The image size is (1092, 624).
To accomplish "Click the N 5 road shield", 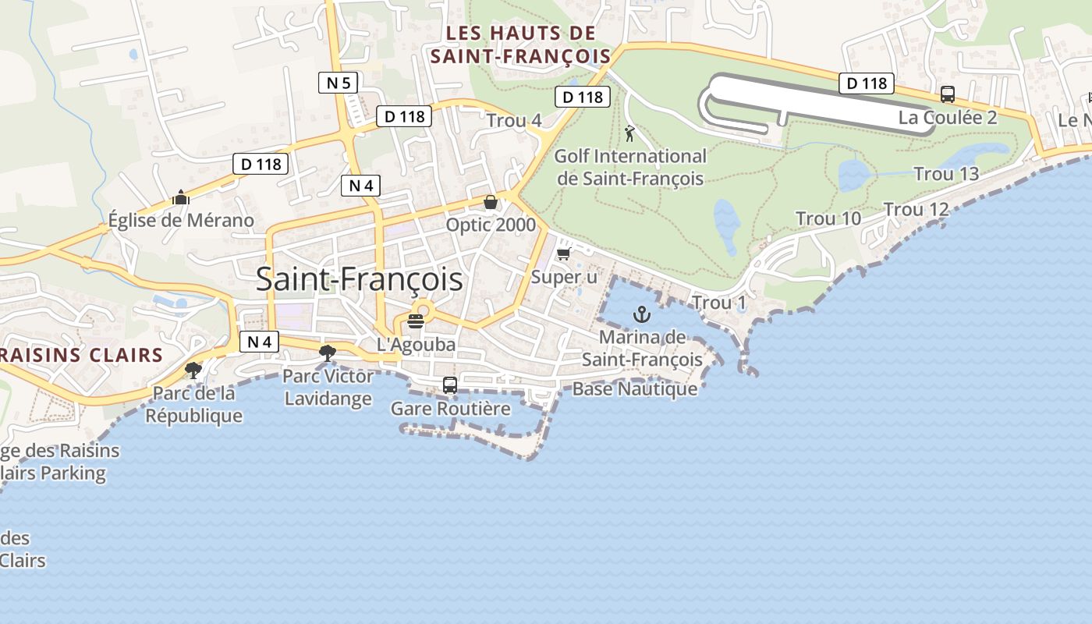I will (338, 82).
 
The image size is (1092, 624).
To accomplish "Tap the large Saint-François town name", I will (359, 279).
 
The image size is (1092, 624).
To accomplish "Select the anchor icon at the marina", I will (642, 314).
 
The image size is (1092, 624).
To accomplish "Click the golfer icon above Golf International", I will (629, 133).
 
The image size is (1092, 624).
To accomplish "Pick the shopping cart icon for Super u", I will (563, 254).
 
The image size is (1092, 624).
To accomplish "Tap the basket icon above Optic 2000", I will (491, 203).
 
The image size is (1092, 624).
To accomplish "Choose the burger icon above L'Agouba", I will (415, 321).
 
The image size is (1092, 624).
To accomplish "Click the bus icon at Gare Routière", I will (450, 385).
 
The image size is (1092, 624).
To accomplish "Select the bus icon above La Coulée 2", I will (948, 94).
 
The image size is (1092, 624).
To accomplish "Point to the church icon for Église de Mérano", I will (181, 197).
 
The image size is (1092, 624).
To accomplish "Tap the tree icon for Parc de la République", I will (193, 370).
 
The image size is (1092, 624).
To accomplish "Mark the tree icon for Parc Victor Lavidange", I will (328, 353).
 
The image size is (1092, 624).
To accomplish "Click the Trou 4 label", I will (514, 121).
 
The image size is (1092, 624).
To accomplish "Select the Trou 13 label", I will (945, 174).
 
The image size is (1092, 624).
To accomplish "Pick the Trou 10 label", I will (828, 219).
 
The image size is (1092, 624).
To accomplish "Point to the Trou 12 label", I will (916, 209).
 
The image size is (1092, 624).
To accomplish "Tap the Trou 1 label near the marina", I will (719, 303).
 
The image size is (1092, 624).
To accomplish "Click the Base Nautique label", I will (635, 388).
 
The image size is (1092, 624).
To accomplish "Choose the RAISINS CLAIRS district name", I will (81, 356).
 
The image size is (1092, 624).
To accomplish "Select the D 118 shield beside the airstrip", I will (866, 83).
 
